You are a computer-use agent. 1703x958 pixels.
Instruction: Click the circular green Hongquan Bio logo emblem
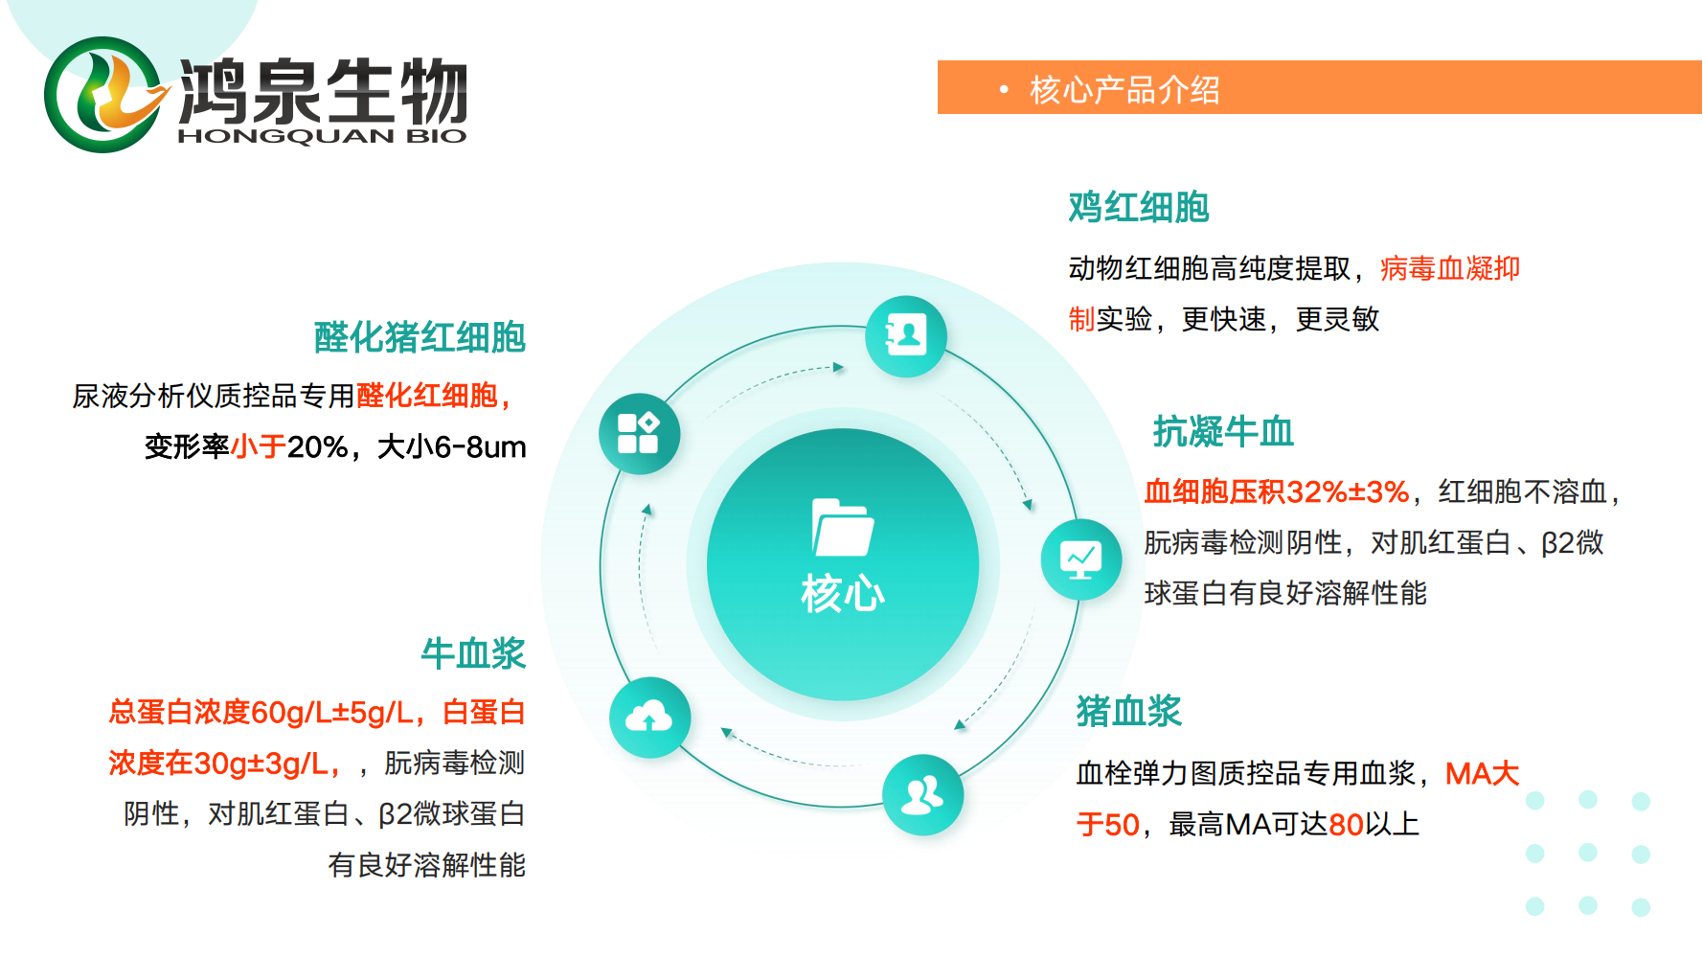102,95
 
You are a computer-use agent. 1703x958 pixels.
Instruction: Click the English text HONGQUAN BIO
323,136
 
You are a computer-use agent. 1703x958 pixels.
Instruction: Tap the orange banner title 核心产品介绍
1124,90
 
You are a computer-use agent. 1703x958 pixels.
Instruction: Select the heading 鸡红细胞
1139,207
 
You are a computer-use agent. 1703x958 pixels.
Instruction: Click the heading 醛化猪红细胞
420,337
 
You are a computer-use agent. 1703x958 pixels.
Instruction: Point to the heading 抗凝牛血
1223,432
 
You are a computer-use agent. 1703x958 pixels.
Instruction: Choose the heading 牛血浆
473,653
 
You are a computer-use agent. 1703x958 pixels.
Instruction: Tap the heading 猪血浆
1129,711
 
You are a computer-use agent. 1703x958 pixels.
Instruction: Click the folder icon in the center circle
843,527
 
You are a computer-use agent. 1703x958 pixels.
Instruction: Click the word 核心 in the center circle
843,594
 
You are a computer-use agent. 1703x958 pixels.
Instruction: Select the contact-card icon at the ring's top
906,335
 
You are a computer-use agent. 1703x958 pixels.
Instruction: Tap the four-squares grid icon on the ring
639,433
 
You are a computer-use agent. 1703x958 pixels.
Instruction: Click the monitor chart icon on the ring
1081,559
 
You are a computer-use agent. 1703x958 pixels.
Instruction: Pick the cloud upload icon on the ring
649,718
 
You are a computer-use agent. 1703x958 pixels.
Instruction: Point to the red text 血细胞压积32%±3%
1277,491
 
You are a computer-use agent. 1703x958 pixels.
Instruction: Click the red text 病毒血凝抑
1450,268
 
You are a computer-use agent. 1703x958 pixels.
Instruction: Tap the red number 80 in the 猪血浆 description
1346,824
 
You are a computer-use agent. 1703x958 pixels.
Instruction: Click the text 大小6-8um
452,446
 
